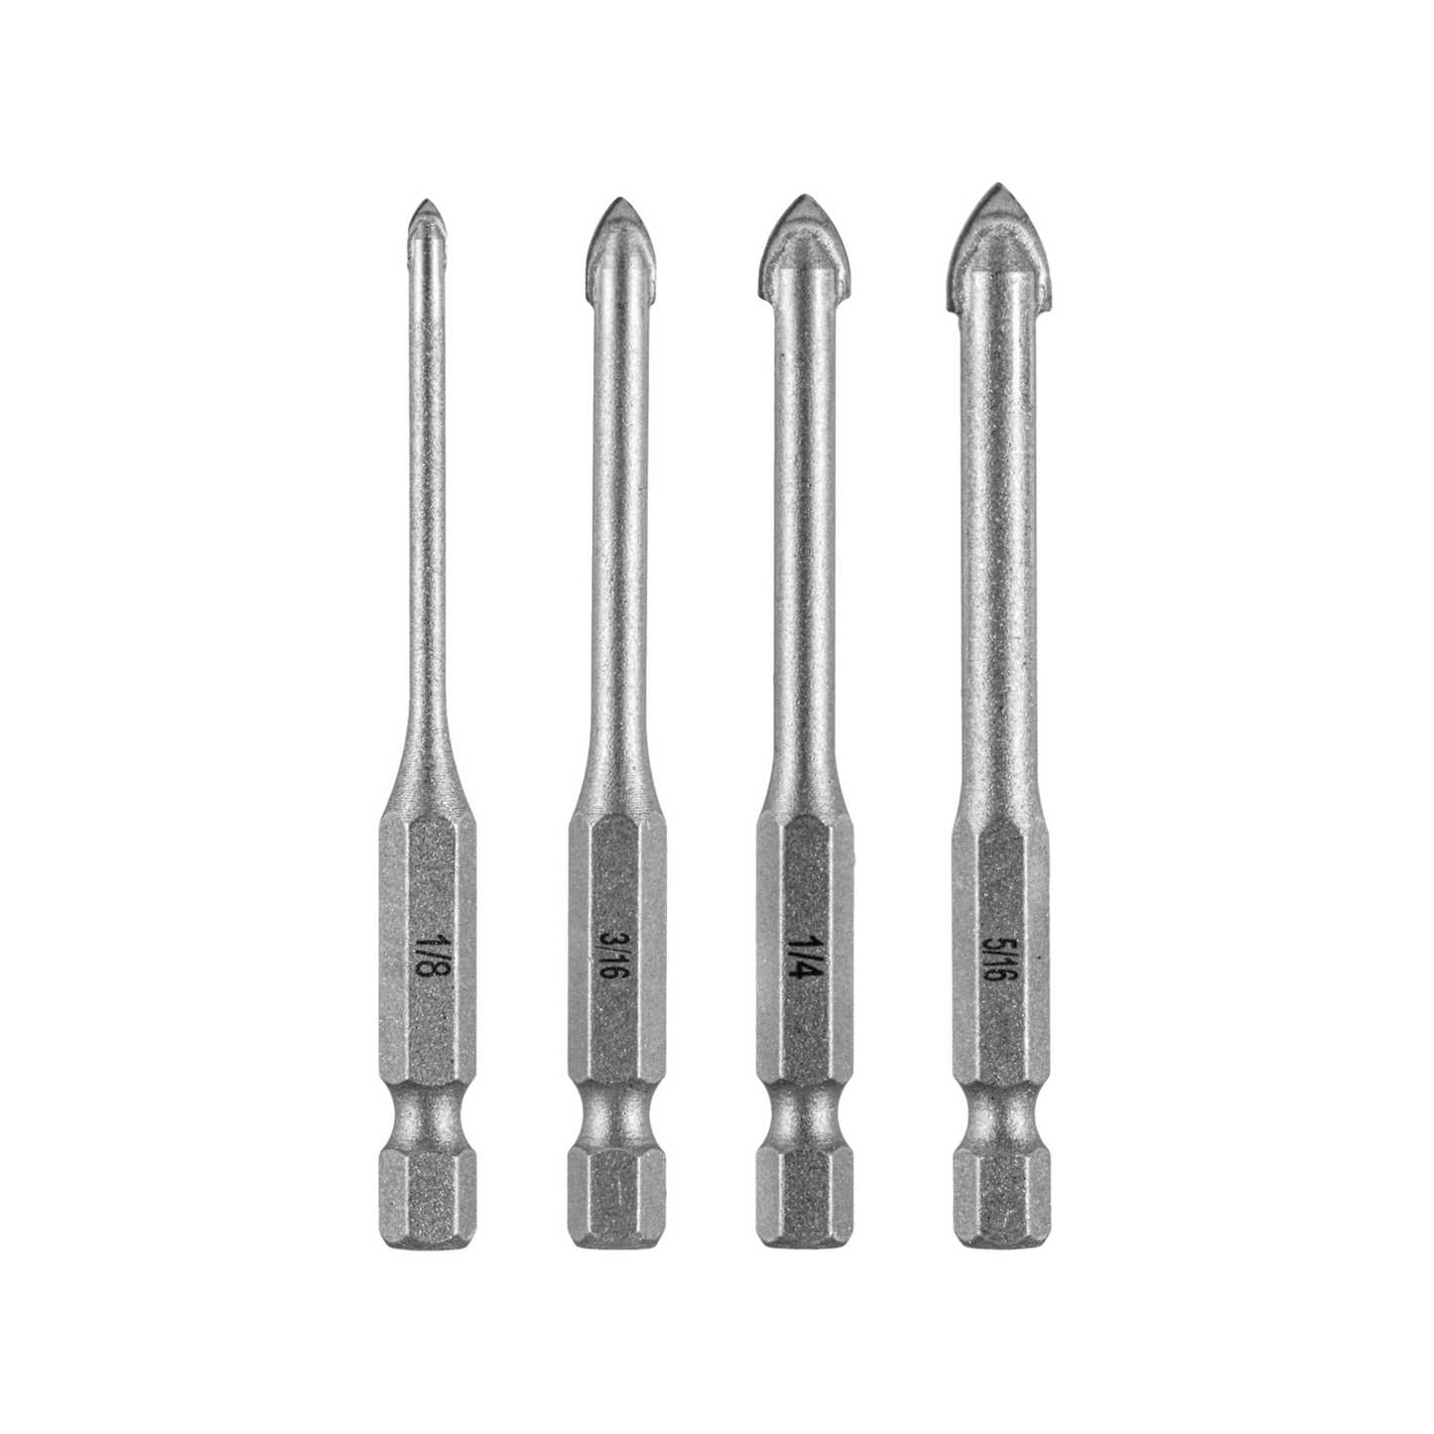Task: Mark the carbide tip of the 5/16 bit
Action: [994, 223]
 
